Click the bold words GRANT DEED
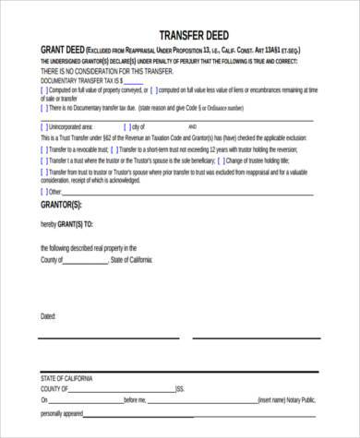click(x=61, y=49)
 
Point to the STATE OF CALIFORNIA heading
click(x=66, y=378)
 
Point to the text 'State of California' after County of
click(x=135, y=261)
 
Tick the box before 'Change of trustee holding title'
click(x=220, y=159)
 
